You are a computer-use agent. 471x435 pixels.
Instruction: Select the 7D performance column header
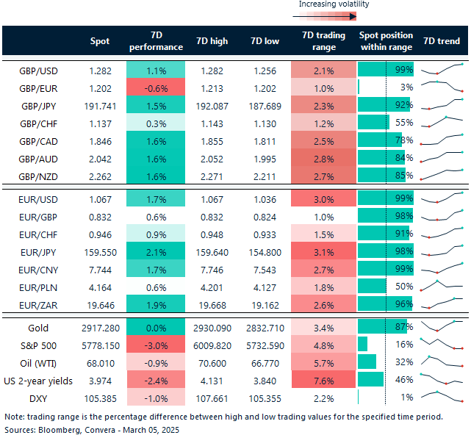(x=156, y=41)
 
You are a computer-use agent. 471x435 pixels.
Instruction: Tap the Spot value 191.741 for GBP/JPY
(x=99, y=105)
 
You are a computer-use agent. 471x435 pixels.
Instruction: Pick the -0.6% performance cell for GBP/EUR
(x=156, y=87)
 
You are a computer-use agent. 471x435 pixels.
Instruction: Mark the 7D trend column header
(x=442, y=41)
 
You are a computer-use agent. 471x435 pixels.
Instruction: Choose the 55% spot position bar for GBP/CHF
(x=374, y=123)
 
